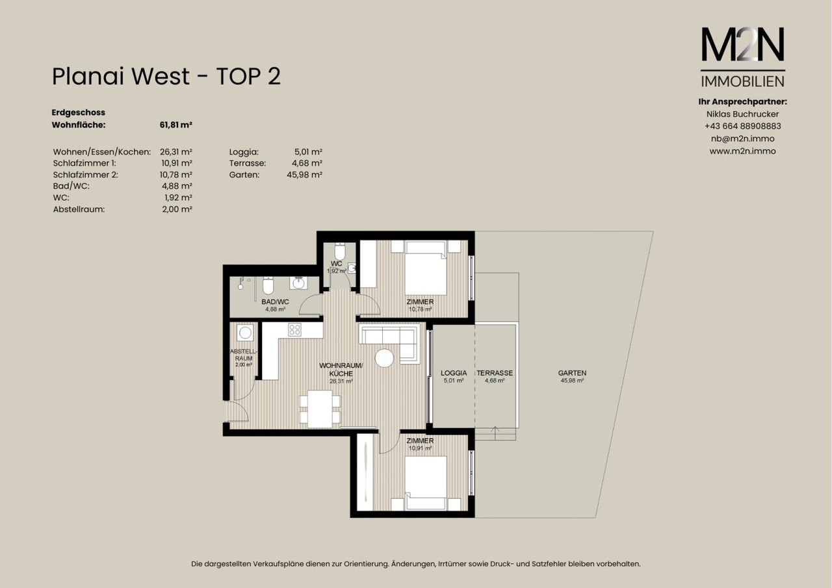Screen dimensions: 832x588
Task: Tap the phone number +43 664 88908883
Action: click(x=743, y=126)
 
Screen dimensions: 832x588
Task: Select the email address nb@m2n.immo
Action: click(x=743, y=139)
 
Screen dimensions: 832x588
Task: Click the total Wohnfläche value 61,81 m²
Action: click(x=175, y=125)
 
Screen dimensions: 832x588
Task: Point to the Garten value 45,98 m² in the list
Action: click(x=304, y=175)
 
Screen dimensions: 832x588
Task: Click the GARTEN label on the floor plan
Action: click(x=572, y=373)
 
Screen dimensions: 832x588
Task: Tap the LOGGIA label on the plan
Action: click(x=454, y=373)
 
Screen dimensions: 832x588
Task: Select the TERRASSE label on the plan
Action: click(x=495, y=373)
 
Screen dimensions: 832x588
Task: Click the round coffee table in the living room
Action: click(x=384, y=358)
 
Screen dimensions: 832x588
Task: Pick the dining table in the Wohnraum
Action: click(x=320, y=409)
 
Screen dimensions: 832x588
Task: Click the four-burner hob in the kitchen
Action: click(x=294, y=329)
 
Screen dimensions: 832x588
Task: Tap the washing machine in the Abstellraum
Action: click(x=245, y=333)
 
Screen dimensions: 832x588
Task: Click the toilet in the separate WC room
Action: click(x=339, y=251)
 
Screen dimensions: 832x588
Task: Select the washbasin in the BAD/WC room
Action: click(x=298, y=283)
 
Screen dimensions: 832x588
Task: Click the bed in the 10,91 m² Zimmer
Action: click(x=425, y=483)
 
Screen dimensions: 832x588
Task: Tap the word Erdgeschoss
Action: click(x=79, y=112)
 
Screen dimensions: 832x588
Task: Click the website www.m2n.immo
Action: click(x=743, y=151)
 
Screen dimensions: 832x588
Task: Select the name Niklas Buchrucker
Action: click(x=743, y=114)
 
